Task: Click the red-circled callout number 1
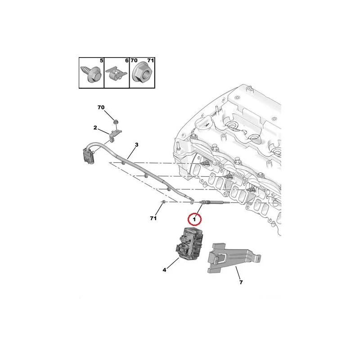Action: pyautogui.click(x=194, y=220)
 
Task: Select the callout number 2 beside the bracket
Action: pyautogui.click(x=95, y=128)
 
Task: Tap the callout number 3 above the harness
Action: pyautogui.click(x=137, y=144)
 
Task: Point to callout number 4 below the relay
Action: pyautogui.click(x=164, y=270)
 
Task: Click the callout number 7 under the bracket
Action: pyautogui.click(x=241, y=282)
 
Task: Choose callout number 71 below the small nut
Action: pyautogui.click(x=153, y=218)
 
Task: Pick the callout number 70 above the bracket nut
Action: pyautogui.click(x=101, y=107)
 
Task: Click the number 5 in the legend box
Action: pyautogui.click(x=102, y=61)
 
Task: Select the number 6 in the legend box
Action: pyautogui.click(x=127, y=61)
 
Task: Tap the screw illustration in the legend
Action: pyautogui.click(x=90, y=74)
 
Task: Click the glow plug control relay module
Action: pyautogui.click(x=189, y=244)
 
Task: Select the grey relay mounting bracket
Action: pyautogui.click(x=233, y=258)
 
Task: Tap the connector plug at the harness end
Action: pyautogui.click(x=88, y=156)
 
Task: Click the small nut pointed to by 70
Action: pyautogui.click(x=116, y=121)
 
